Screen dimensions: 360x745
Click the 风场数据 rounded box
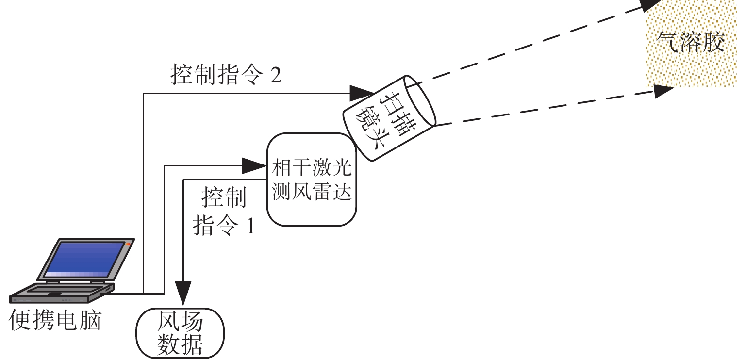[181, 332]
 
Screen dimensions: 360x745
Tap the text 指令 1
[224, 225]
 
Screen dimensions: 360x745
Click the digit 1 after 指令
[250, 226]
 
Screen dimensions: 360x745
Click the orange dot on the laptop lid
[128, 244]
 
